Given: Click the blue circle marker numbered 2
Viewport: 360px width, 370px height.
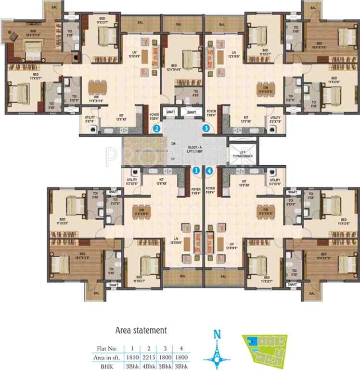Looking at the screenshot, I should coord(156,129).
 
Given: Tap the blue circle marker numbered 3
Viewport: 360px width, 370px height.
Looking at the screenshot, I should coord(206,129).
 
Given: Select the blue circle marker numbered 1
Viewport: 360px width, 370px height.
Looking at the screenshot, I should coord(196,170).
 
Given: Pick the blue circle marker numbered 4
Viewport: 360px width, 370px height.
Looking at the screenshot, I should coord(209,170).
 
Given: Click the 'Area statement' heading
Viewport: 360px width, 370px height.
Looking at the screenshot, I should coord(141,330).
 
